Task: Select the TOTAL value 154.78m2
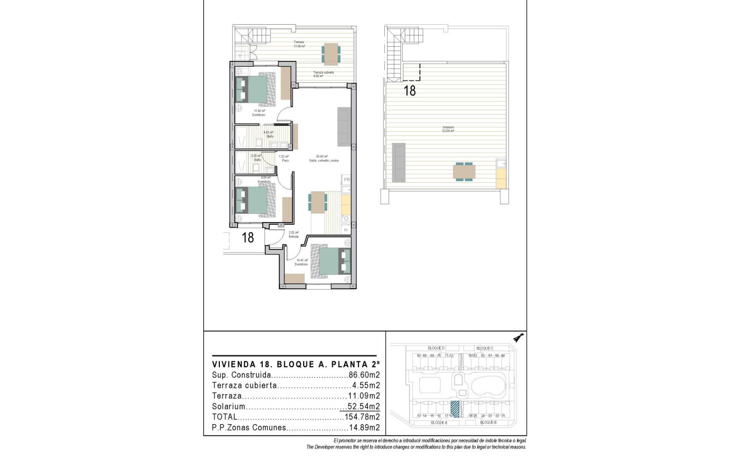coord(361,417)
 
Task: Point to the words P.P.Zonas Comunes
coord(248,428)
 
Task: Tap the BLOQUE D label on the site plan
coord(436,348)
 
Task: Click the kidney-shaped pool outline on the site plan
coord(488,385)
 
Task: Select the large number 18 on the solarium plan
coord(410,91)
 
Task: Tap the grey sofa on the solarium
coord(398,162)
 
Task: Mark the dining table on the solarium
coord(464,172)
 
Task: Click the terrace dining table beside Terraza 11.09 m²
coord(331,54)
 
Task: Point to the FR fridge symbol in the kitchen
coord(347,180)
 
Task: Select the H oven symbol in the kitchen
coord(346,230)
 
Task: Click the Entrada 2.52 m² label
coord(293,234)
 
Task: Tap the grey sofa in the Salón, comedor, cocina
coord(343,127)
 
